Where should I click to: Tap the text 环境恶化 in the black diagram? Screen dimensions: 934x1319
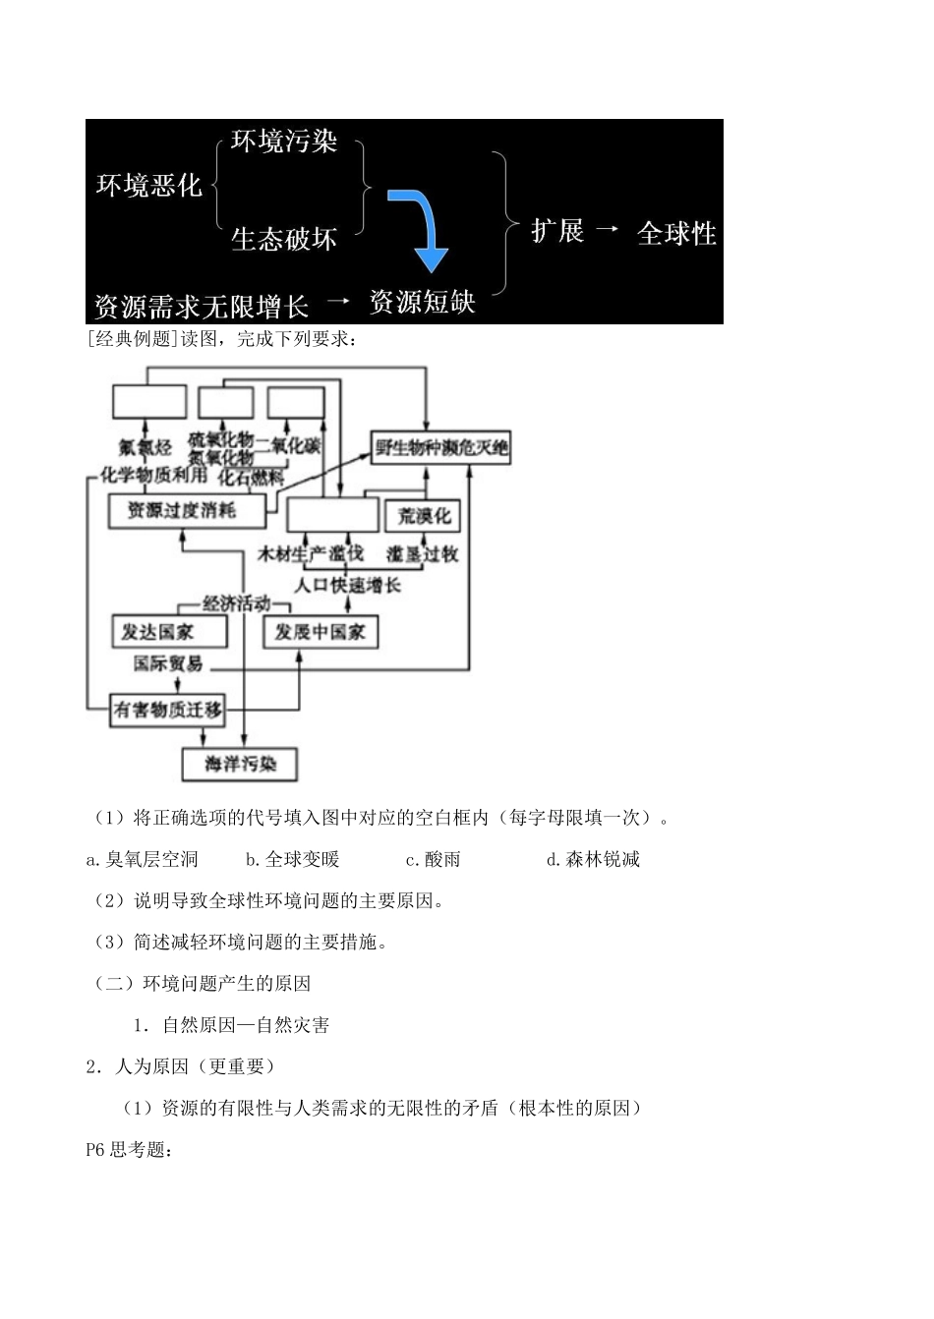click(148, 185)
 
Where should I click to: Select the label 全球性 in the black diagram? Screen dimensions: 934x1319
click(676, 233)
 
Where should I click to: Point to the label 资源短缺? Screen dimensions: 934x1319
click(422, 301)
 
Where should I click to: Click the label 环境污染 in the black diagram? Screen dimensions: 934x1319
click(284, 142)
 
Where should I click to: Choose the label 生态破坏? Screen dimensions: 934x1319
click(284, 239)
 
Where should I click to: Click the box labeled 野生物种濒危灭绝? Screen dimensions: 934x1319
click(440, 448)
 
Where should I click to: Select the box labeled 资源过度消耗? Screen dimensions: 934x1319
click(185, 511)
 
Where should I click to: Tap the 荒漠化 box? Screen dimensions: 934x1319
click(425, 516)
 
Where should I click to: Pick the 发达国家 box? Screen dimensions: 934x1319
click(169, 631)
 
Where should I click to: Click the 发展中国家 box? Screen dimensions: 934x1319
click(321, 631)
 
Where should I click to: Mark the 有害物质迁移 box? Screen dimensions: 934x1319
click(167, 710)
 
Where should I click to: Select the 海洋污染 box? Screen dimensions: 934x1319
click(240, 764)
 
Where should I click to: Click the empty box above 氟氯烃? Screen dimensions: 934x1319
click(148, 401)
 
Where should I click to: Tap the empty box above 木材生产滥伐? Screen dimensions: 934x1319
click(332, 514)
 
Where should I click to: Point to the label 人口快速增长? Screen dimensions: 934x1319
click(348, 585)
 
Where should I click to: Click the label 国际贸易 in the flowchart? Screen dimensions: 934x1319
click(168, 664)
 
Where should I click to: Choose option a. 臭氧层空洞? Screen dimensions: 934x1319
click(143, 859)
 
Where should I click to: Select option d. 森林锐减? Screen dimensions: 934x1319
click(593, 859)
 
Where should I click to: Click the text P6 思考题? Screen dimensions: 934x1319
click(130, 1149)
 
